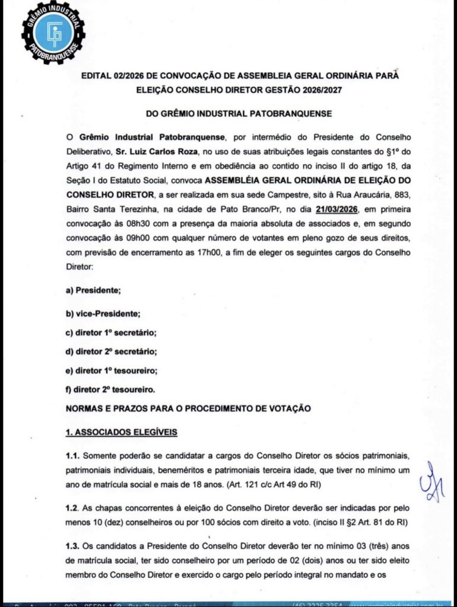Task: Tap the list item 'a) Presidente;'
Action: tap(93, 290)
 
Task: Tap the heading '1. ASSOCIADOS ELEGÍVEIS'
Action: tap(121, 432)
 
